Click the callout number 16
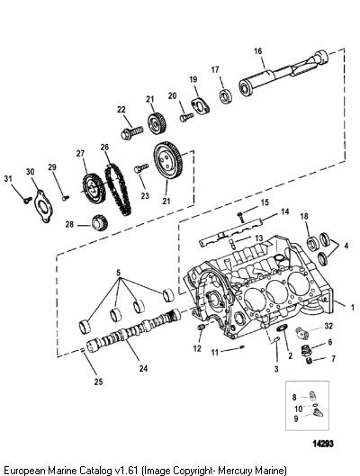[x=257, y=51]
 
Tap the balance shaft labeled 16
[x=283, y=73]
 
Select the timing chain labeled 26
[x=118, y=189]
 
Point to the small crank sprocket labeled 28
[x=100, y=222]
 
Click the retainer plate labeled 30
[x=43, y=206]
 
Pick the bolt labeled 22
[x=132, y=132]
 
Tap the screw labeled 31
[x=28, y=200]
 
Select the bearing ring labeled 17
[x=226, y=96]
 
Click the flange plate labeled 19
[x=201, y=106]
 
